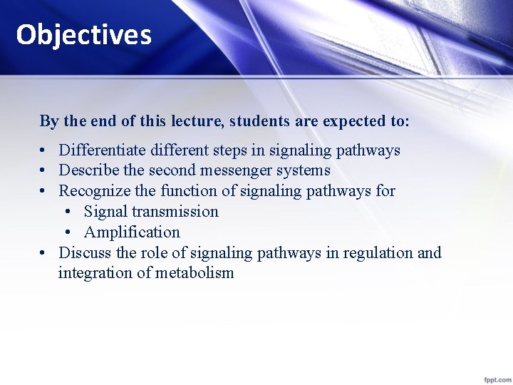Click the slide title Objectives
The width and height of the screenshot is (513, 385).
(84, 34)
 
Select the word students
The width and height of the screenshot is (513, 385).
(257, 121)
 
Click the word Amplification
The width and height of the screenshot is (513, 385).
(132, 232)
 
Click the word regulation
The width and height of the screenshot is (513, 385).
(377, 253)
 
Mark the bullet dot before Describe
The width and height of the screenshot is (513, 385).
(44, 171)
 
